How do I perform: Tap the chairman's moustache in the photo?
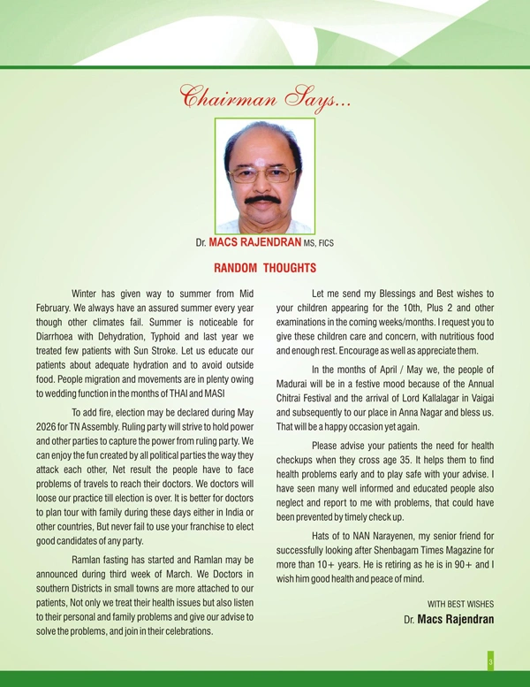coord(263,200)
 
